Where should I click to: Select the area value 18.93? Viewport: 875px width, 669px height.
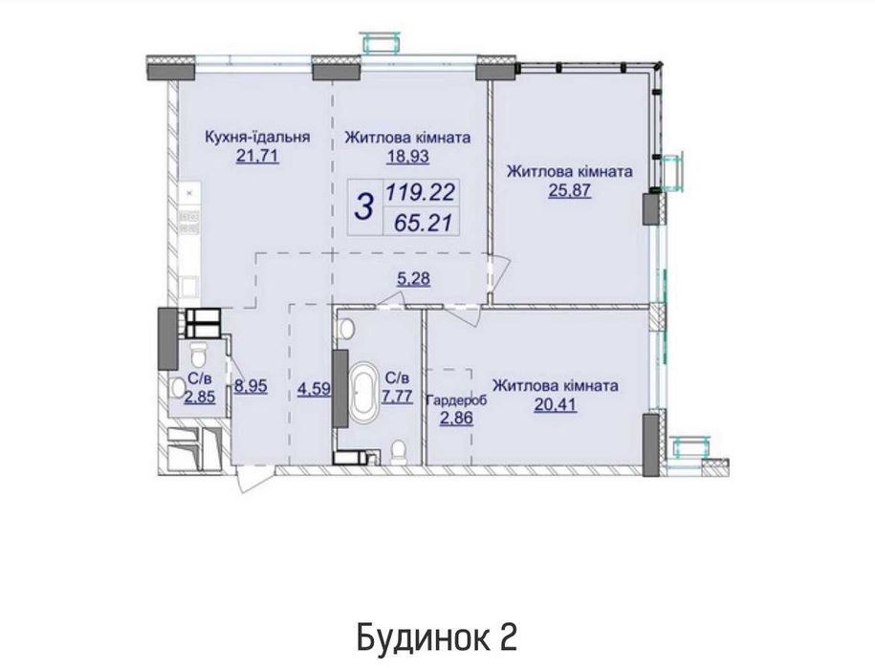[x=407, y=158]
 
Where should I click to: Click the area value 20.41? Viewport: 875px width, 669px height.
[x=555, y=406]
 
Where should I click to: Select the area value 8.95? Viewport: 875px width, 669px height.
[x=251, y=389]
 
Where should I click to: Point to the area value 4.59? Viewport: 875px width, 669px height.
[x=314, y=389]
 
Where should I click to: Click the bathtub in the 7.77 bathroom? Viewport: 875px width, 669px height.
[x=365, y=392]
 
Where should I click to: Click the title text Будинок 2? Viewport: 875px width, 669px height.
[x=437, y=636]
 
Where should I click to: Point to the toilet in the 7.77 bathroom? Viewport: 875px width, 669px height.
[x=400, y=449]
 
